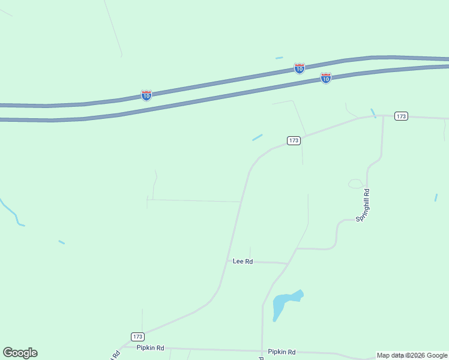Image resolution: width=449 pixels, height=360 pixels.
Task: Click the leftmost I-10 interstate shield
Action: pyautogui.click(x=146, y=95)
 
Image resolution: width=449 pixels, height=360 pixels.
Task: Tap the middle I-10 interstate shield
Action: pyautogui.click(x=299, y=68)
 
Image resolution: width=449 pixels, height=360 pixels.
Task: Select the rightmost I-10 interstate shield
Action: pyautogui.click(x=325, y=78)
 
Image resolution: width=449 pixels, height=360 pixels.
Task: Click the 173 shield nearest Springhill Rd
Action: pyautogui.click(x=402, y=116)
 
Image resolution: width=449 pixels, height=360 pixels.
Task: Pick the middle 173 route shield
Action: pyautogui.click(x=293, y=140)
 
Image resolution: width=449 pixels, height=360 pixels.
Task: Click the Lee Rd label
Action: pyautogui.click(x=243, y=262)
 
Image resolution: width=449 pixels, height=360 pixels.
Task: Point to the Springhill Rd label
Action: pyautogui.click(x=363, y=206)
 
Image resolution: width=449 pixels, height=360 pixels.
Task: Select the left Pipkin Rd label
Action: pyautogui.click(x=150, y=347)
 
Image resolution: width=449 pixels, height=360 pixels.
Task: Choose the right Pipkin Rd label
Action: pyautogui.click(x=282, y=352)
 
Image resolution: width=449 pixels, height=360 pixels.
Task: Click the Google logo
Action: pyautogui.click(x=20, y=353)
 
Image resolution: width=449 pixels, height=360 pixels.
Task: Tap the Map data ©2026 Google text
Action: pyautogui.click(x=412, y=355)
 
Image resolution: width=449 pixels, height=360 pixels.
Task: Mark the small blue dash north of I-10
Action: pyautogui.click(x=279, y=58)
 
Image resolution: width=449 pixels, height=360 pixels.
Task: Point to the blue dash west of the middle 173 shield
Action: pyautogui.click(x=258, y=137)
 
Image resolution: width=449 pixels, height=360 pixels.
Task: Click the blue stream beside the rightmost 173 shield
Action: pyautogui.click(x=373, y=112)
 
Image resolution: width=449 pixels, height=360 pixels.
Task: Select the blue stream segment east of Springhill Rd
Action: pyautogui.click(x=436, y=197)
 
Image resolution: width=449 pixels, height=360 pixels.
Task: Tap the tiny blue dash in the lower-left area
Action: pyautogui.click(x=61, y=242)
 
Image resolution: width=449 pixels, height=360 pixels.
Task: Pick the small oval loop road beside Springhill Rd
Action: pyautogui.click(x=355, y=184)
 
